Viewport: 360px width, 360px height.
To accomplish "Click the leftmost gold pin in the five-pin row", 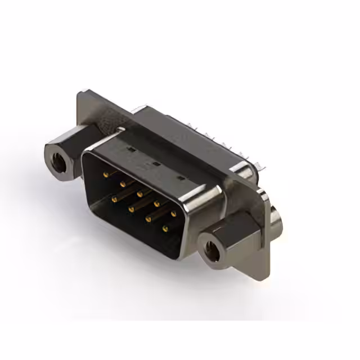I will [106, 174].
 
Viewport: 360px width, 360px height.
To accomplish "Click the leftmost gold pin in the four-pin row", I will [114, 199].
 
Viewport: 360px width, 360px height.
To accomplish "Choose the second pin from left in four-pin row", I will [130, 209].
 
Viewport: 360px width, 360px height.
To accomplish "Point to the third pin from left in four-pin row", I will [148, 218].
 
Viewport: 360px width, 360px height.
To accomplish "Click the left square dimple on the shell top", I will [130, 150].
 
